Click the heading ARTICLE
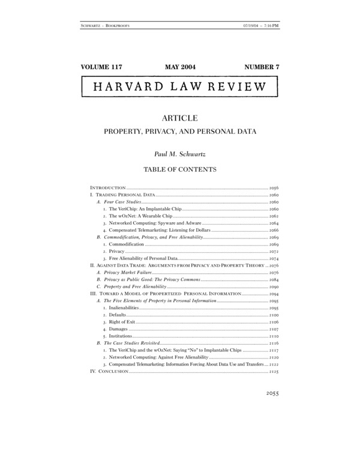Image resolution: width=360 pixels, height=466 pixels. click(x=180, y=118)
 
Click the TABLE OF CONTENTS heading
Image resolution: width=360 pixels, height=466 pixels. click(x=180, y=169)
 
